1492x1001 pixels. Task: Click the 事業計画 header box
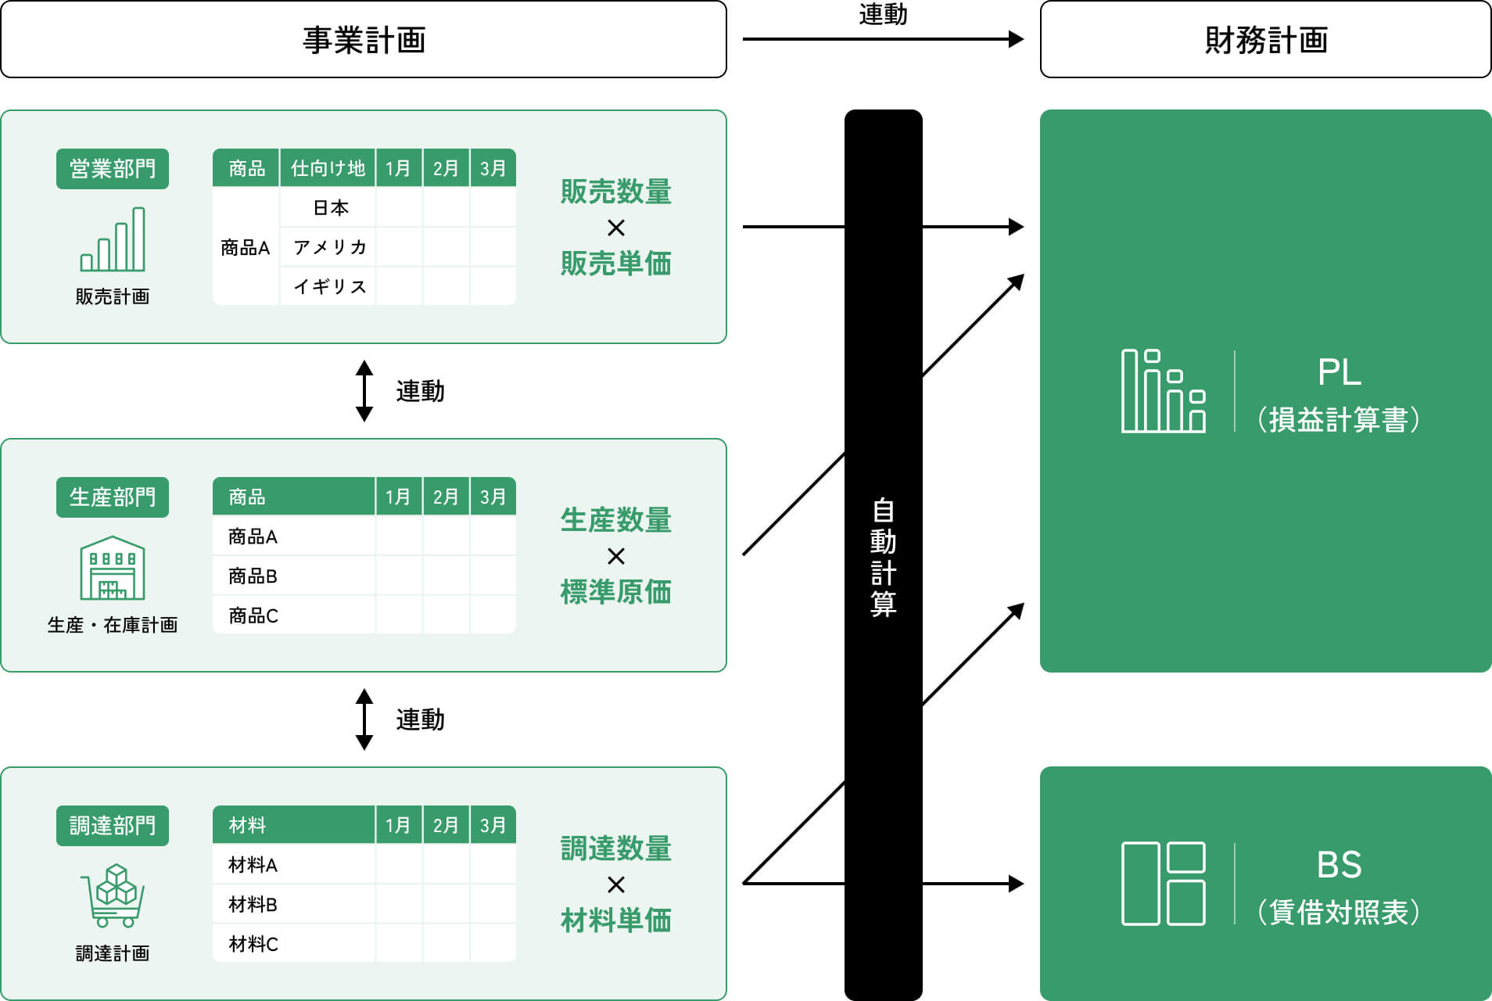(364, 40)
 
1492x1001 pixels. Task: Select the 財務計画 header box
(1265, 40)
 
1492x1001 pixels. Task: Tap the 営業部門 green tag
(113, 169)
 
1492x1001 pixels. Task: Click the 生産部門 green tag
(113, 497)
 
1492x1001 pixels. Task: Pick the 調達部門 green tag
(113, 826)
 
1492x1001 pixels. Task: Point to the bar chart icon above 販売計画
(113, 239)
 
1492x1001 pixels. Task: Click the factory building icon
(113, 568)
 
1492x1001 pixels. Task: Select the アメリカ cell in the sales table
(329, 247)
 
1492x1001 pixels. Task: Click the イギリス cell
(329, 287)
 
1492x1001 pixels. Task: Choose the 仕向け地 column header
(328, 168)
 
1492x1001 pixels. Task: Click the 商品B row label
(253, 576)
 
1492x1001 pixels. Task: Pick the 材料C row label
(253, 944)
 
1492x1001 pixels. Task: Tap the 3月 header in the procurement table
(493, 825)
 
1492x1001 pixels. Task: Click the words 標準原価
(615, 592)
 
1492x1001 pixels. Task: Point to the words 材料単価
(615, 920)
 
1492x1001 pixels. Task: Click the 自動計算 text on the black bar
(883, 557)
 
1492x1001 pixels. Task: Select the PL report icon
(1163, 391)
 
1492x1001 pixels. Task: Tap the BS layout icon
(1163, 884)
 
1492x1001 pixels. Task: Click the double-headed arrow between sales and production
(364, 391)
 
